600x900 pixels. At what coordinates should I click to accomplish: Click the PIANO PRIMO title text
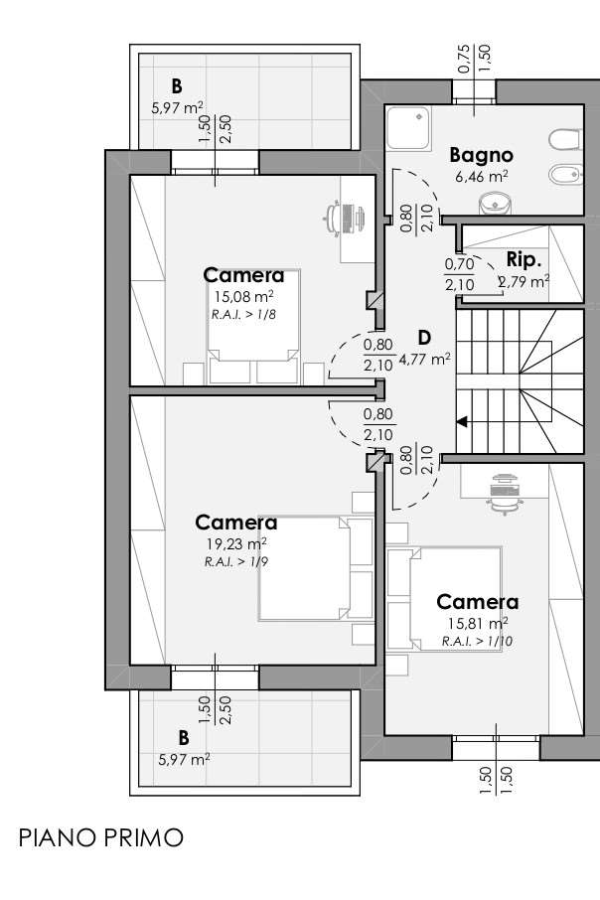click(101, 838)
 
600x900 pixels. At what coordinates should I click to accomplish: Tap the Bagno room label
click(481, 156)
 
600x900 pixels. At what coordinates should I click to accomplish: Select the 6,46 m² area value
click(481, 176)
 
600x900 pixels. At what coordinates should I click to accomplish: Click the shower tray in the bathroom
click(408, 129)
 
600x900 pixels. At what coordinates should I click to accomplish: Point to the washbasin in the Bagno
click(495, 203)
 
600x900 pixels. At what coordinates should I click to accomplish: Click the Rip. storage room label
click(525, 260)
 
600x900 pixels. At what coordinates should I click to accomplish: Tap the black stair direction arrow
click(462, 422)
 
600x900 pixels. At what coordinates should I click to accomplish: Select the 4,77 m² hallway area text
click(424, 360)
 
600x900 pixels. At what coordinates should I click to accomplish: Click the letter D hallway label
click(424, 338)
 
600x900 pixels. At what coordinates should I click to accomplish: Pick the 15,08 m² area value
click(243, 297)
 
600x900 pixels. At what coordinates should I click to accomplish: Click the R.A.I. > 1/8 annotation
click(243, 315)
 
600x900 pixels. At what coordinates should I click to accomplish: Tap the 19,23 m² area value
click(236, 543)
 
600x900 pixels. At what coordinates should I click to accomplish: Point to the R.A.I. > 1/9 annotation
click(236, 561)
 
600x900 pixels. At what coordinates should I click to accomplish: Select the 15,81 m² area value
click(477, 623)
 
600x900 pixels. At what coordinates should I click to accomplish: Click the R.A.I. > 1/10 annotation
click(477, 641)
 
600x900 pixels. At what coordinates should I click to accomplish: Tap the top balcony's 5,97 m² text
click(177, 107)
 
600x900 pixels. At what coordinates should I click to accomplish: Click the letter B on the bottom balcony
click(184, 737)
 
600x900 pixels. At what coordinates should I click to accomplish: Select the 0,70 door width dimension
click(459, 264)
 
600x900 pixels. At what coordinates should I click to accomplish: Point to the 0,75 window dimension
click(464, 60)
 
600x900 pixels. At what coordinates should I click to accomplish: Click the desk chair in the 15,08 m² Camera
click(332, 219)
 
